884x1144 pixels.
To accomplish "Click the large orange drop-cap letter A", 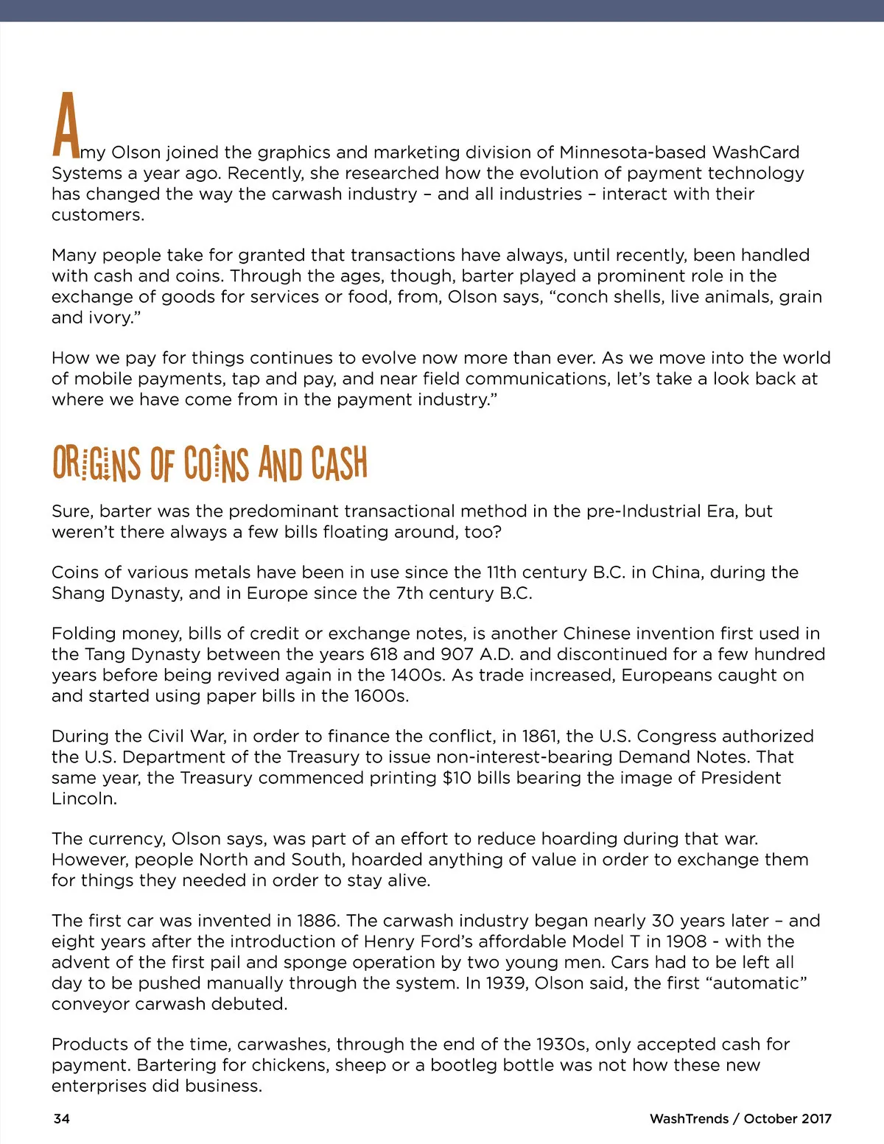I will pyautogui.click(x=66, y=125).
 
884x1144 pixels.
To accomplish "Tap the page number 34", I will pyautogui.click(x=62, y=1118).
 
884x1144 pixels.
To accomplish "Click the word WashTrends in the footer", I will pyautogui.click(x=689, y=1118).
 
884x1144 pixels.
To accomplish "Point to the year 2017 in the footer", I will pyautogui.click(x=816, y=1118).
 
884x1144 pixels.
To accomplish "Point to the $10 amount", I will pyautogui.click(x=457, y=778).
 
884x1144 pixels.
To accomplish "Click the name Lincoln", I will pyautogui.click(x=84, y=799).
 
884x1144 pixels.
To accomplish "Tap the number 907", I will pyautogui.click(x=457, y=654).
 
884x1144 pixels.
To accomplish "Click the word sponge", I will pyautogui.click(x=320, y=963).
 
